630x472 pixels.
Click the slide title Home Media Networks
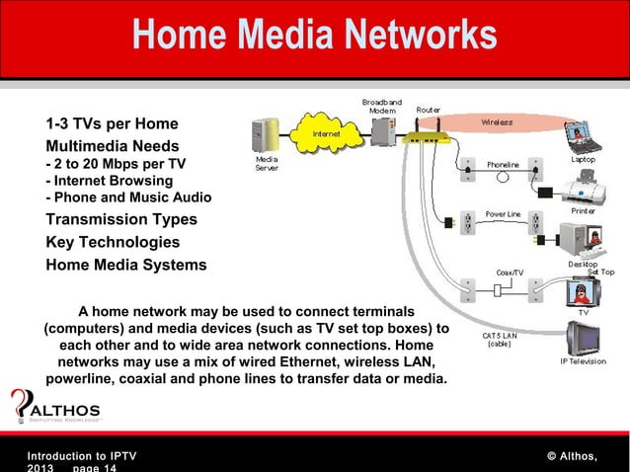coord(315,37)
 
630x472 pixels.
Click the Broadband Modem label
coord(381,107)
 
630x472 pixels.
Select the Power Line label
coord(503,214)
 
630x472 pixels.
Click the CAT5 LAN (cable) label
coord(499,340)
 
